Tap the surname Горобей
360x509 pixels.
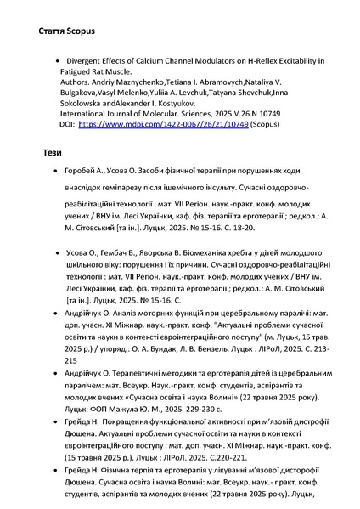[82, 171]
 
